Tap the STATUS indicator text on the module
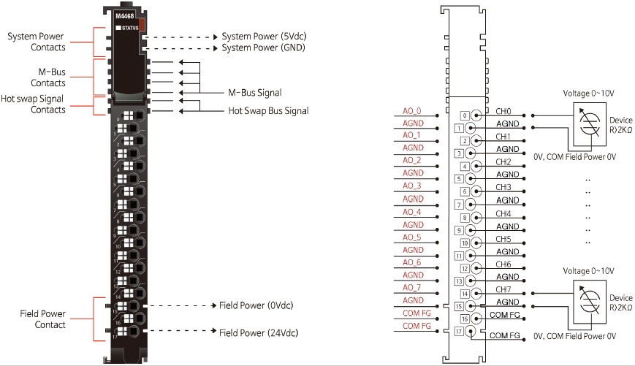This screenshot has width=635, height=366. click(x=129, y=28)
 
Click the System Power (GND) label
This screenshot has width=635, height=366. click(x=264, y=47)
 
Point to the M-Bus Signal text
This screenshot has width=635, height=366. click(x=255, y=93)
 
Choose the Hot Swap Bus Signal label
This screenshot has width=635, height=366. click(x=268, y=111)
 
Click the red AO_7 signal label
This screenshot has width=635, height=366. click(x=413, y=287)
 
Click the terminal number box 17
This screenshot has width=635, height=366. click(x=460, y=331)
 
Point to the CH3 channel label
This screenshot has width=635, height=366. click(x=503, y=187)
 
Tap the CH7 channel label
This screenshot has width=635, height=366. click(x=503, y=289)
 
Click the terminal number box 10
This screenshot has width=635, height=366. click(x=465, y=243)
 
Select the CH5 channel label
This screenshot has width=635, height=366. click(x=503, y=239)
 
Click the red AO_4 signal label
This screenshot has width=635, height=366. click(x=413, y=212)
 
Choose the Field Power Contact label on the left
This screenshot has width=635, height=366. click(x=42, y=319)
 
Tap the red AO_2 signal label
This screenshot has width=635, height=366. click(x=413, y=161)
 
